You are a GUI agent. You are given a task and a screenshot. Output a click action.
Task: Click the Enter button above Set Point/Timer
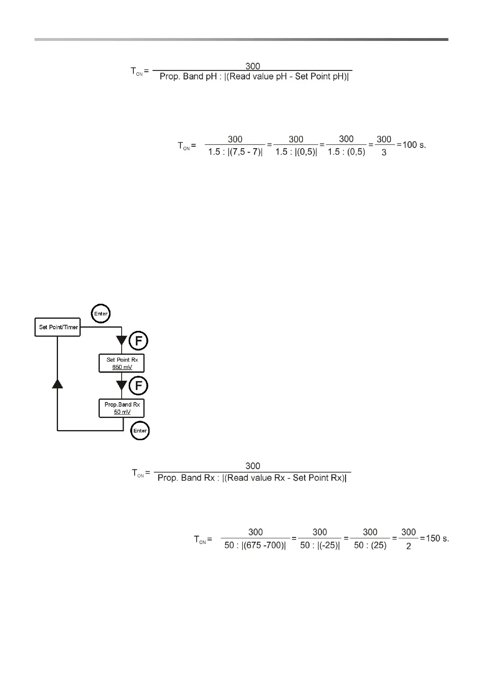coord(101,313)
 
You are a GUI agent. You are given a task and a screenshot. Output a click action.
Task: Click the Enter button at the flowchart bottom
coord(140,431)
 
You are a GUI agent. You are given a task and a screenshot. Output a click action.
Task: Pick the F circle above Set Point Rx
coord(138,341)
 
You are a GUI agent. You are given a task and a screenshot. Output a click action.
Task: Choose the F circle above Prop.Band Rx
coord(138,386)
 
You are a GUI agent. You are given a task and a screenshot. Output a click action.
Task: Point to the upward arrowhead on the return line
coord(58,384)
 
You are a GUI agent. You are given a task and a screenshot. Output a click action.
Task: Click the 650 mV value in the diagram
coord(122,367)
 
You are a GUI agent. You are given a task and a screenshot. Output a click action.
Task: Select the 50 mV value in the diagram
coord(122,412)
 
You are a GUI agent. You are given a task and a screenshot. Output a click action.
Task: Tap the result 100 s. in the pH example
coord(414,145)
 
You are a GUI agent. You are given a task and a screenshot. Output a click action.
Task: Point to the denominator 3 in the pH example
coord(384,153)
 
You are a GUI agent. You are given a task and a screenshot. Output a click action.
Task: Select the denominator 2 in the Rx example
coord(408,546)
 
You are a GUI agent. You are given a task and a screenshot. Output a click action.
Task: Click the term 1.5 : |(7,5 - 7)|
coord(235,152)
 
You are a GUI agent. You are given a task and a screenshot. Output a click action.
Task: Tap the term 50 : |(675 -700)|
coord(255,546)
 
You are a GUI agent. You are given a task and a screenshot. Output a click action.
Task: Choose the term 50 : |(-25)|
coord(320,546)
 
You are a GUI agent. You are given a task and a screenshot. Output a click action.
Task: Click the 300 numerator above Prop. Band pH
coord(253,66)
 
